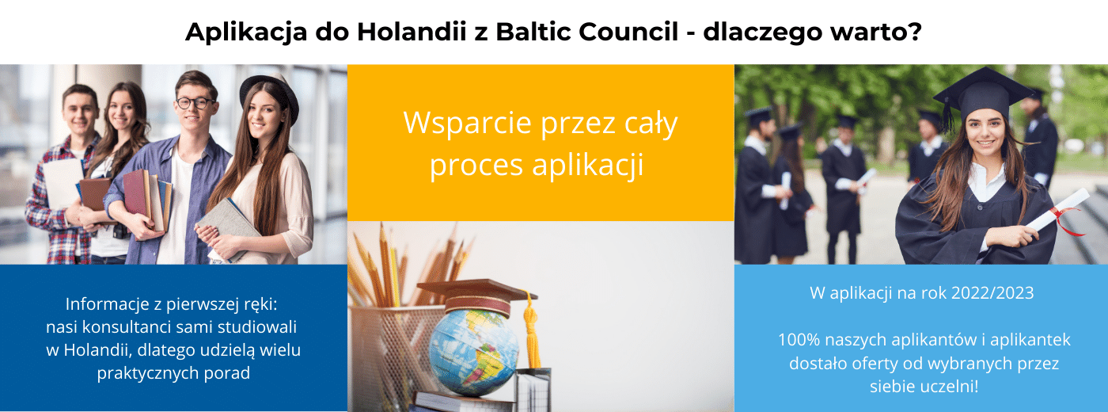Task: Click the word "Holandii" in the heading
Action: click(x=412, y=31)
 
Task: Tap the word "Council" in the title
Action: click(x=628, y=31)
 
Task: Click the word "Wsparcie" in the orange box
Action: click(x=468, y=123)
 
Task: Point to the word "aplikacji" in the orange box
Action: click(x=587, y=166)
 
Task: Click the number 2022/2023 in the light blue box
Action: click(x=992, y=293)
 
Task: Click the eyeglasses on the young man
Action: click(x=196, y=103)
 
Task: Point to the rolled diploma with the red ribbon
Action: click(x=1059, y=211)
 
